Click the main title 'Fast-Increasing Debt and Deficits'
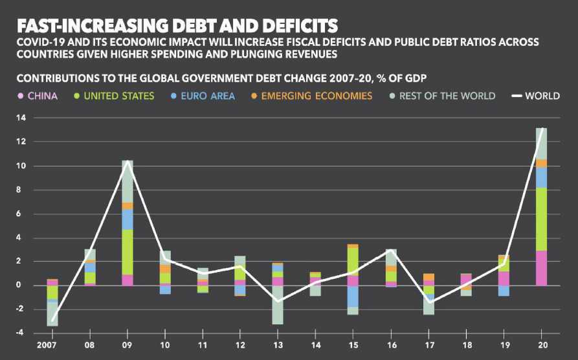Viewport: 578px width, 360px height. click(177, 25)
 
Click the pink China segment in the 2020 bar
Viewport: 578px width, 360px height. click(540, 268)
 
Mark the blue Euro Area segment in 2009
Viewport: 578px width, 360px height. click(128, 219)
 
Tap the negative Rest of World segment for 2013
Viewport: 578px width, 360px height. click(278, 304)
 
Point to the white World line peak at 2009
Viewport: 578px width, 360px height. click(128, 161)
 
